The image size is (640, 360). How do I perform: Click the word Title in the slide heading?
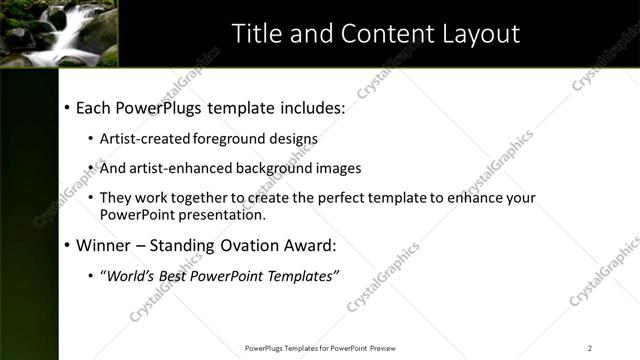(256, 33)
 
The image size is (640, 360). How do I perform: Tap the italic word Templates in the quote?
(304, 275)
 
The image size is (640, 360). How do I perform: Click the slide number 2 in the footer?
(590, 348)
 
